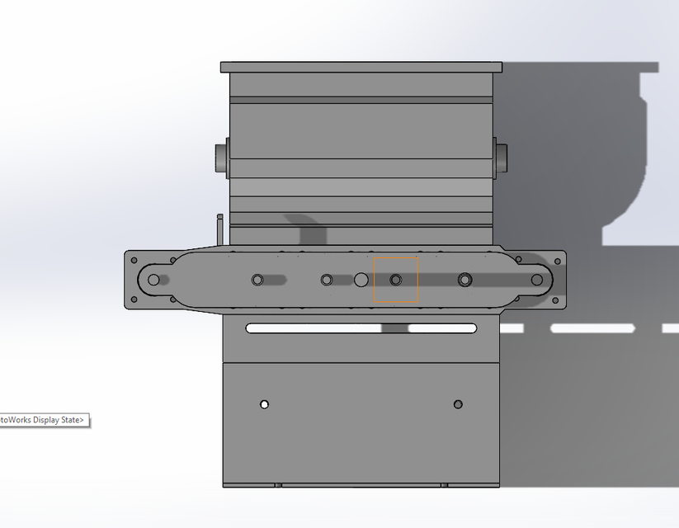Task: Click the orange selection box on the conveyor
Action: [x=396, y=280]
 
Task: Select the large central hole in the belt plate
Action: [x=361, y=280]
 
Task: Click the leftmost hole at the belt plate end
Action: [x=153, y=280]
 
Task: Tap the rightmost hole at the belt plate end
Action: [x=537, y=280]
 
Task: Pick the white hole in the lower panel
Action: [x=264, y=404]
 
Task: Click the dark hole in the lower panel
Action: [x=458, y=404]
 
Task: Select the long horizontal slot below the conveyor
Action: [x=361, y=328]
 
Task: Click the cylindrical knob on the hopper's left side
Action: [x=221, y=158]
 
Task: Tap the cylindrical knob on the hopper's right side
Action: [x=501, y=158]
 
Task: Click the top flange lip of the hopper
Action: [x=361, y=67]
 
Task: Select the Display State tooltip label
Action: [x=43, y=420]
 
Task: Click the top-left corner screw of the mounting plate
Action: [x=133, y=260]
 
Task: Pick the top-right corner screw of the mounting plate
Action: [x=558, y=262]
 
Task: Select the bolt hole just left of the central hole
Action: [x=327, y=280]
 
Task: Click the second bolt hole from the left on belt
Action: [x=257, y=280]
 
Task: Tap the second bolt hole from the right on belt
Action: [x=465, y=280]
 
